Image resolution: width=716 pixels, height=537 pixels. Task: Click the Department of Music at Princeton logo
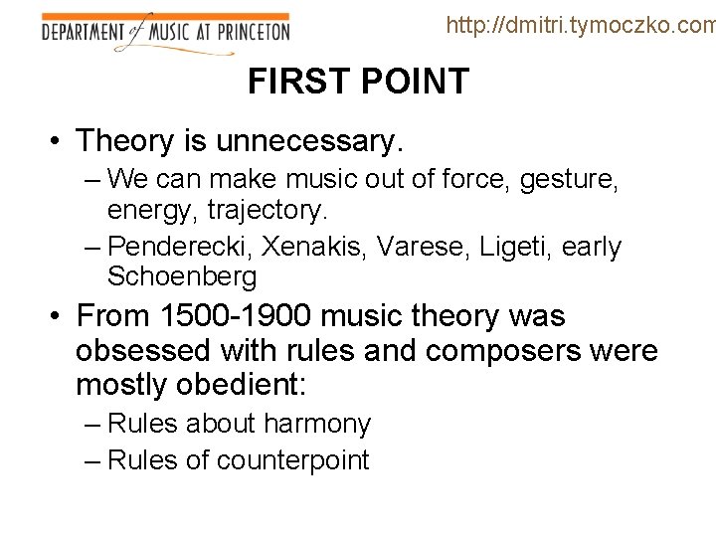[x=165, y=32]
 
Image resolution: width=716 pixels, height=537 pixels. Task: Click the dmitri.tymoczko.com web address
[x=581, y=25]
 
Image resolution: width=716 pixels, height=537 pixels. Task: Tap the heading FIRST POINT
[x=358, y=82]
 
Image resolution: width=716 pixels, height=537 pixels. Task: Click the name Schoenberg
[x=182, y=276]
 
